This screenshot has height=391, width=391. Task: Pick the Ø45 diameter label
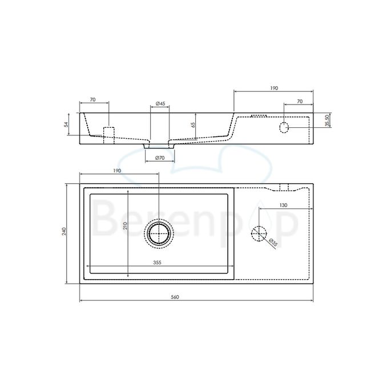coord(160,104)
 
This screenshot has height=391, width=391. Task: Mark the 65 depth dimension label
coord(194,124)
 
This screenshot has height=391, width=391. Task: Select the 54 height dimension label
coord(66,124)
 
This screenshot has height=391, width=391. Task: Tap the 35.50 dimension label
coord(326,119)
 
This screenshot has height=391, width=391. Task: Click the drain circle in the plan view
coord(159,233)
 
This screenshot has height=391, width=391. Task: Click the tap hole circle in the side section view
coord(285,126)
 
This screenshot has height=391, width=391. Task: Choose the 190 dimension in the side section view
coord(273,88)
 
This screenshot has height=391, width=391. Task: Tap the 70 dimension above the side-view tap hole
coord(299,102)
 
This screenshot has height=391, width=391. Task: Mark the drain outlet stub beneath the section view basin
coord(160,145)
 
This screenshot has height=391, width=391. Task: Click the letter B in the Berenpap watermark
coord(106,220)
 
